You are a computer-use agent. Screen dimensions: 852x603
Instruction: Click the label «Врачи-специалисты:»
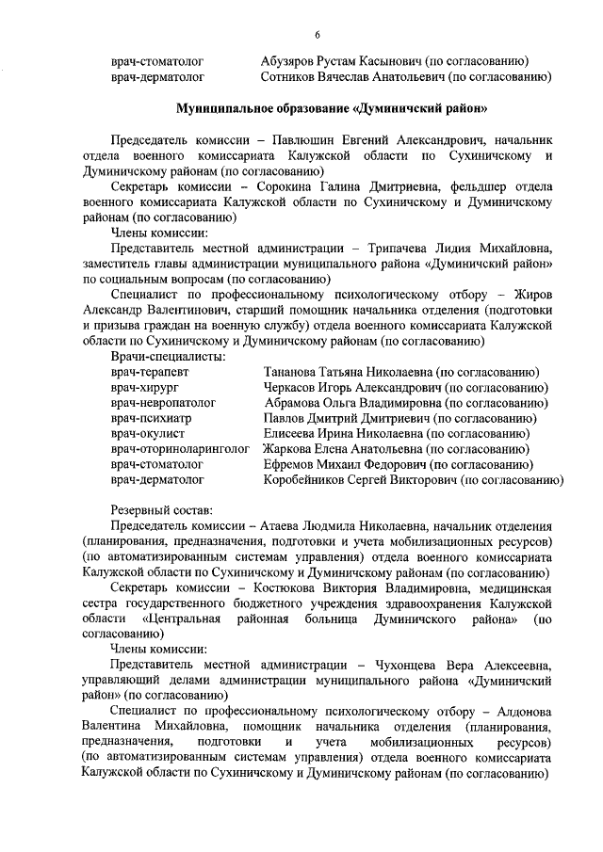click(x=168, y=356)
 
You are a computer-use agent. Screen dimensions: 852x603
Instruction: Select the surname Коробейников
click(x=311, y=481)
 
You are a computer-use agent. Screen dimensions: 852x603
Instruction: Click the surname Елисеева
click(x=292, y=435)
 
